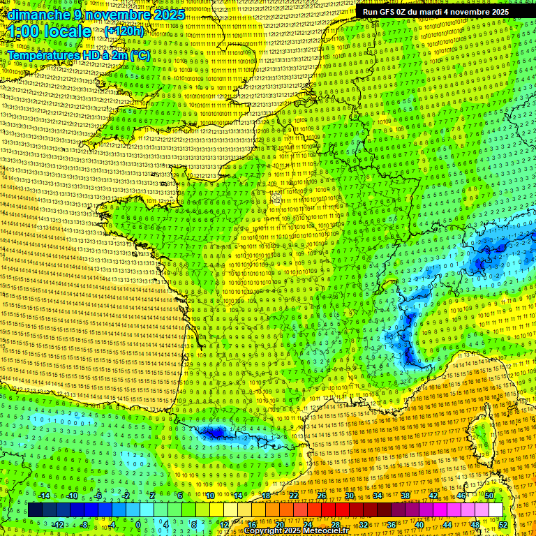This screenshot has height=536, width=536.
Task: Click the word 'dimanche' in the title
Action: tap(34, 15)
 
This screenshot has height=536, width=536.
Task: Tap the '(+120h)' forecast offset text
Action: tap(124, 31)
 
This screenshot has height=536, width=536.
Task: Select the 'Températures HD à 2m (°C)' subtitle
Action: tap(78, 54)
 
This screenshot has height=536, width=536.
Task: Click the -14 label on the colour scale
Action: tap(45, 496)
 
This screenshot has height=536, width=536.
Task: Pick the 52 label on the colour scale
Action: tap(503, 524)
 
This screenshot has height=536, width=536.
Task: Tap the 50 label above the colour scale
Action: tap(490, 496)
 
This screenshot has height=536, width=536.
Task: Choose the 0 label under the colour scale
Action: tap(137, 524)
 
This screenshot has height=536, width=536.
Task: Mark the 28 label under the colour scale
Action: tap(335, 524)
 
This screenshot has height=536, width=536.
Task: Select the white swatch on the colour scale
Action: tap(495, 510)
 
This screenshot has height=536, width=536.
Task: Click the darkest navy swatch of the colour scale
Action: tap(35, 510)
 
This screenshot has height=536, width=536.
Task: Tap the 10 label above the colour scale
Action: tap(210, 496)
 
